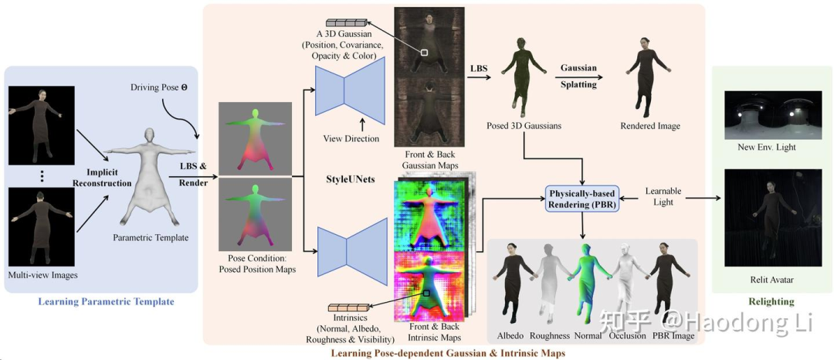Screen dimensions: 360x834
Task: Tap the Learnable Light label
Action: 663,197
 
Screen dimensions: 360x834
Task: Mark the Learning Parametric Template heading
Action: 107,301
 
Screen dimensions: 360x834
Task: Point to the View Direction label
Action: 351,139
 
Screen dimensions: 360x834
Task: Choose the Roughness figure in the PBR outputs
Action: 550,282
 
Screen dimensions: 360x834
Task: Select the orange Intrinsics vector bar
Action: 350,309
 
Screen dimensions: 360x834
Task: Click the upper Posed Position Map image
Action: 256,138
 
